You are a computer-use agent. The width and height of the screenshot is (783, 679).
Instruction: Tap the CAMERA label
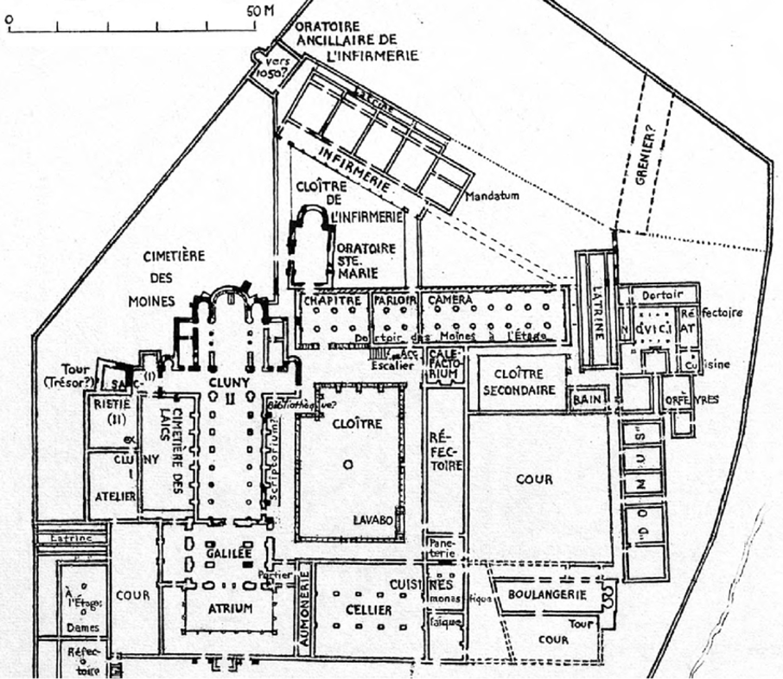click(449, 300)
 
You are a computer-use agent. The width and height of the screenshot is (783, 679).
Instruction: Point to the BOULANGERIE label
click(547, 594)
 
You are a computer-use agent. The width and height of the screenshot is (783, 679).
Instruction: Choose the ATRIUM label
click(230, 608)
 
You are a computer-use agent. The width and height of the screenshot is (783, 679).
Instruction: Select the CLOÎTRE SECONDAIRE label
click(519, 382)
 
